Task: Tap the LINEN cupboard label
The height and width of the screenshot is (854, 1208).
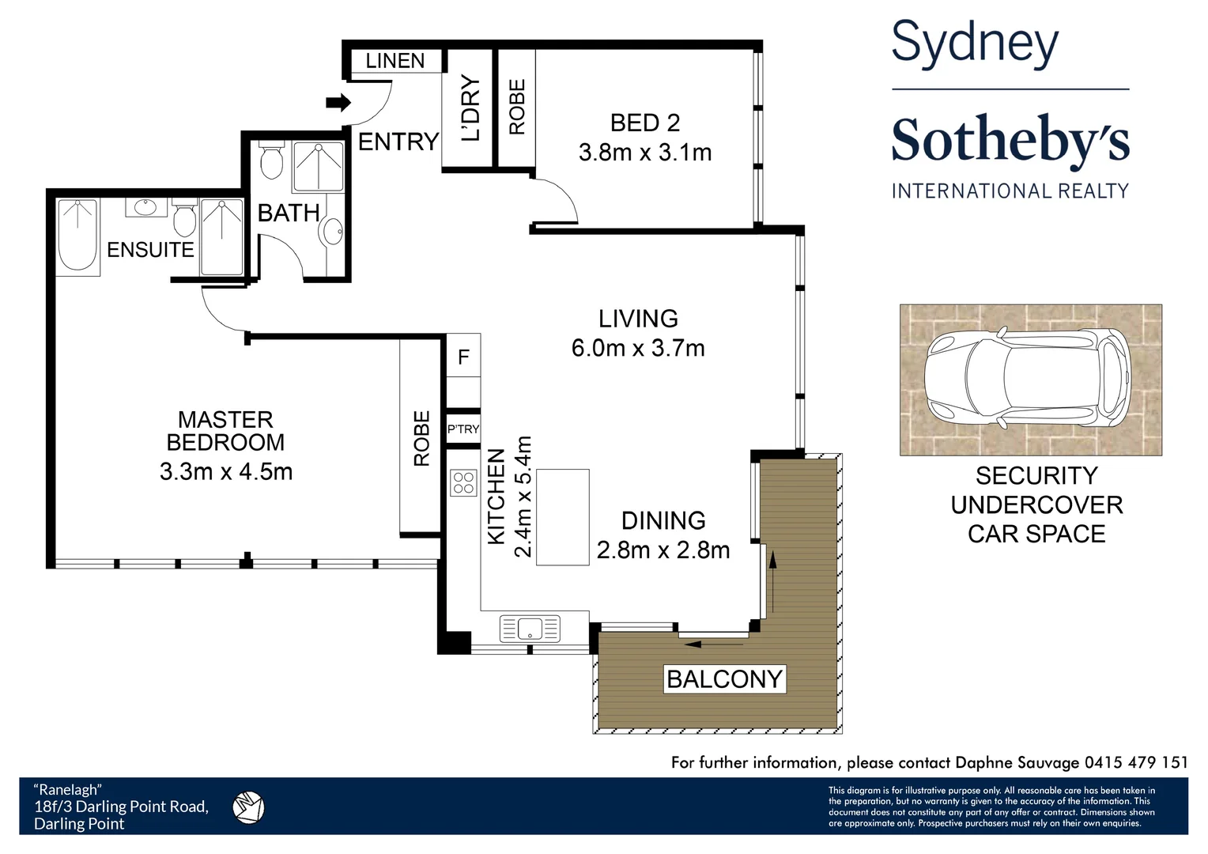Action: coord(394,61)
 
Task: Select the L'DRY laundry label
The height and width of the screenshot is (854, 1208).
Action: coord(470,108)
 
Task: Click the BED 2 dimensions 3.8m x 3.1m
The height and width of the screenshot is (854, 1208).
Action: coord(645,152)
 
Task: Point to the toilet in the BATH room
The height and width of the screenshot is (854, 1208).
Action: coord(271,161)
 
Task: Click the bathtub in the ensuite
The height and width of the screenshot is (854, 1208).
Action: coord(77,235)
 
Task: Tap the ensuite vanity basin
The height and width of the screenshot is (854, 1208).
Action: coord(146,207)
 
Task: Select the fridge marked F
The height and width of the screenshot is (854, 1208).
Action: coord(463,357)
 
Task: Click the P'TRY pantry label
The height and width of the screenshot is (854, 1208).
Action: coord(463,429)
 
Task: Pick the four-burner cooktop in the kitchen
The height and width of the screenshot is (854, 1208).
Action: coord(463,483)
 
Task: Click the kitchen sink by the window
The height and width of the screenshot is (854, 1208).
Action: coord(530,629)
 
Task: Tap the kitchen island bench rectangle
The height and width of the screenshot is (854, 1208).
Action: coord(563,517)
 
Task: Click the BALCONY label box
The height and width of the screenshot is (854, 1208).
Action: coord(724,679)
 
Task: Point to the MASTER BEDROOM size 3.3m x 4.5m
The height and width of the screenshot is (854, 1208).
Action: coord(226,472)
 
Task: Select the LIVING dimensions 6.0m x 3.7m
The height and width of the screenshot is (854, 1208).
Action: coord(638,348)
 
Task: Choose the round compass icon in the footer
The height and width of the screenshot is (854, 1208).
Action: coord(248,807)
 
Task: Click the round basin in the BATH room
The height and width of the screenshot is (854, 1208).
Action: coord(331,232)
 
